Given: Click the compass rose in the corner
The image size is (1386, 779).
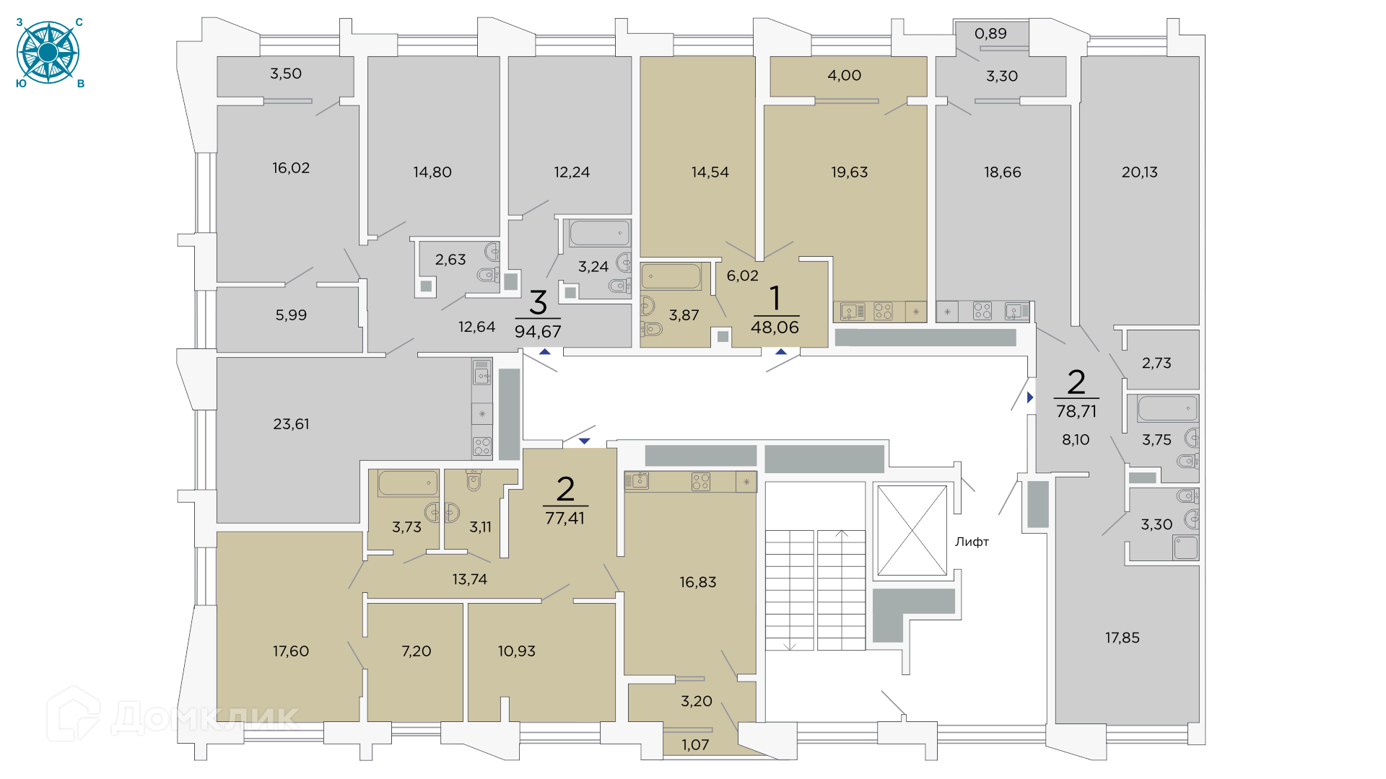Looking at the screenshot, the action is (x=48, y=53).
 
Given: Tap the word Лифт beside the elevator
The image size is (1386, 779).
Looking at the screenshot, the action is (x=972, y=542).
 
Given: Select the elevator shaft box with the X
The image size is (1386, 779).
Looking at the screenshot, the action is (x=912, y=530).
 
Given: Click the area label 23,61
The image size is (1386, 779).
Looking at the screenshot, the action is (x=291, y=424).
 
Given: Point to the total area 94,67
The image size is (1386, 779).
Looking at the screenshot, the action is (x=538, y=332).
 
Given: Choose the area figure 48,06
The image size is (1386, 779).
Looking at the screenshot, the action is (x=775, y=327).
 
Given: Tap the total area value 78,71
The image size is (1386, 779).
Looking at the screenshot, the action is (x=1076, y=411).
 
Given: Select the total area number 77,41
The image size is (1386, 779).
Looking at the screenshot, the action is (x=565, y=518).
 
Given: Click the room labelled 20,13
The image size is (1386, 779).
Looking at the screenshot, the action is (x=1139, y=172).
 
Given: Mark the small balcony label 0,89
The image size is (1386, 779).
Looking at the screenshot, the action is (x=990, y=33).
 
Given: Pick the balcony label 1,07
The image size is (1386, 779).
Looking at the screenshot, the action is (x=695, y=744).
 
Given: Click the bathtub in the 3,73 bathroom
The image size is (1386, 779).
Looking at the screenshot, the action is (x=408, y=483).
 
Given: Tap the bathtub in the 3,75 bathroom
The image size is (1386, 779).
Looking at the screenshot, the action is (x=1167, y=408).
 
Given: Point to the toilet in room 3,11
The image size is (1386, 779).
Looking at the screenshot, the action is (x=474, y=480).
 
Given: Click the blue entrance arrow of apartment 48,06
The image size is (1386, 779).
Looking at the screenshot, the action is (x=781, y=352).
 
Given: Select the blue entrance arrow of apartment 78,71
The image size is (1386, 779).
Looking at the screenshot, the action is (x=1030, y=397).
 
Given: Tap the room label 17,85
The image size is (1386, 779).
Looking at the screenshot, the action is (x=1123, y=638).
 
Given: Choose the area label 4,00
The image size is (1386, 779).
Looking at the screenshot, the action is (x=844, y=75).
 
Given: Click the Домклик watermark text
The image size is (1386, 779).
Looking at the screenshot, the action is (x=206, y=718).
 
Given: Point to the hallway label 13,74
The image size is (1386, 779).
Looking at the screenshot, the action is (x=469, y=579).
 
